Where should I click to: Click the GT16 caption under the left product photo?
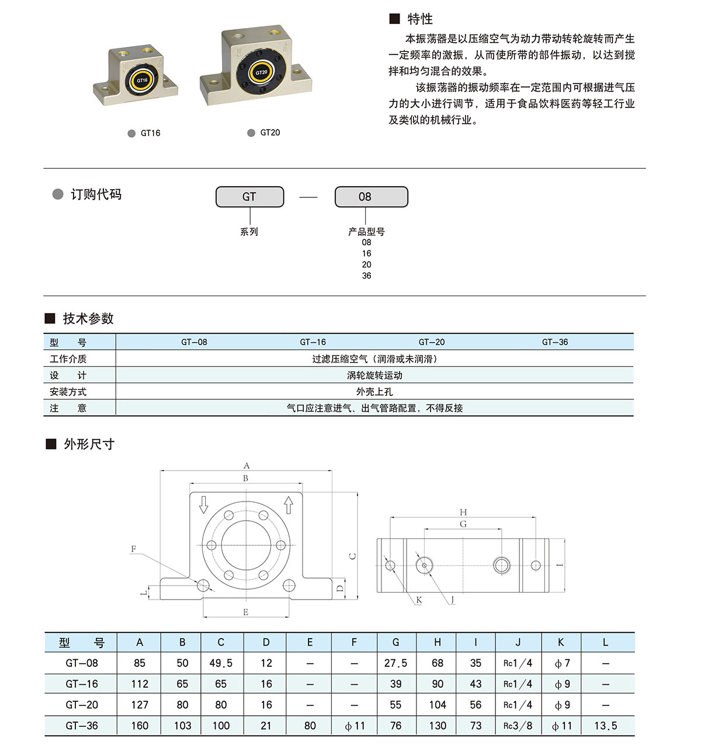coord(150,133)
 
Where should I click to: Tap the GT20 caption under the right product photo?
coord(270,133)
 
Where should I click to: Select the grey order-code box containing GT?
coord(249,197)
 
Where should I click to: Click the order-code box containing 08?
coord(371,197)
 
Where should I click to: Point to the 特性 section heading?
coord(419,19)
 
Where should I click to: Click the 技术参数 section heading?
coord(88,318)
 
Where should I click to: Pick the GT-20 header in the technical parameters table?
coord(432,342)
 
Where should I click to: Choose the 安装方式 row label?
coord(68,392)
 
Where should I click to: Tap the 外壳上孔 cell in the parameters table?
coord(374,392)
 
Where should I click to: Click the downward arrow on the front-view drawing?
coord(204,504)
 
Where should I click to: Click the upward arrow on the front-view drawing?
coord(289,504)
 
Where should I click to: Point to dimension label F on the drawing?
coord(134,549)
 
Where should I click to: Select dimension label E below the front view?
coord(245,612)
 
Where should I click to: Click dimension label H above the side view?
coord(463,512)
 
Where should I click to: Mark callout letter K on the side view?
coord(419,600)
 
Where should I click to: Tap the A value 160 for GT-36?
coord(140,726)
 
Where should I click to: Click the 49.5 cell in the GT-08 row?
coord(221,663)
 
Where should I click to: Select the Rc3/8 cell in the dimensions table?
coord(518,726)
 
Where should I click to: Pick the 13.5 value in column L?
coord(605,726)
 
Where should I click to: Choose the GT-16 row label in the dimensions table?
coord(82,684)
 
